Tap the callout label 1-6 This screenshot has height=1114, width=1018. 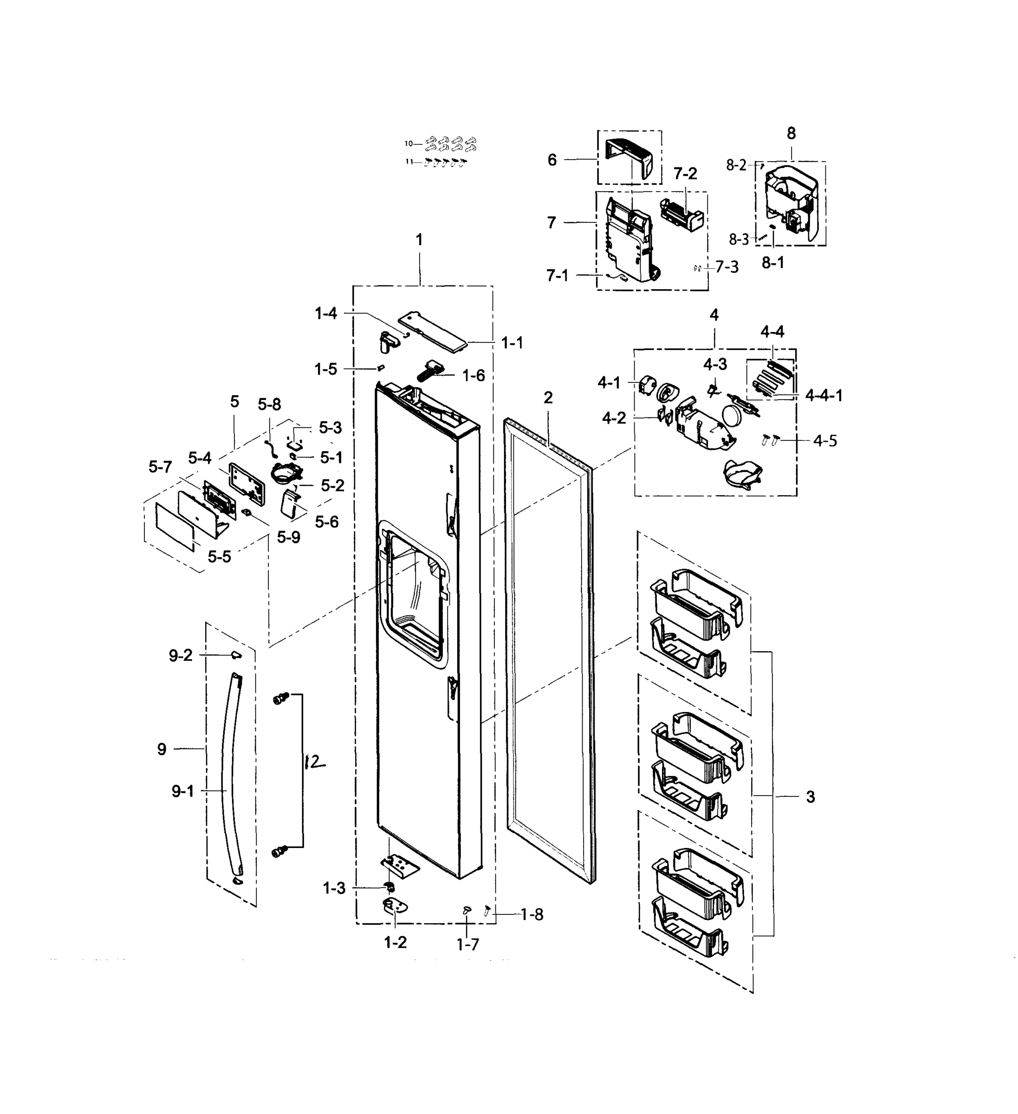point(473,376)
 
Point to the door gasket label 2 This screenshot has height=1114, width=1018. point(548,398)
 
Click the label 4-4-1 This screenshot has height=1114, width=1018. point(823,395)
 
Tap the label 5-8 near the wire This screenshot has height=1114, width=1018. point(269,405)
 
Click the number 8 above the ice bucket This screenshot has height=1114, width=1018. point(791,133)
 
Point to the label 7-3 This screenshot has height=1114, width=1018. point(727,267)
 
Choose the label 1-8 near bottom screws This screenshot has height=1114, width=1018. point(532,915)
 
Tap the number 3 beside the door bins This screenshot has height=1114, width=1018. point(810,797)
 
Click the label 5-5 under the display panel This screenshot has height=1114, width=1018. point(220,557)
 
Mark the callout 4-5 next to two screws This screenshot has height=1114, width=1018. point(824,440)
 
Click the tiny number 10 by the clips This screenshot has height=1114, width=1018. point(409,144)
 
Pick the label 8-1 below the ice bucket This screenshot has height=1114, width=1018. point(772,263)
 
